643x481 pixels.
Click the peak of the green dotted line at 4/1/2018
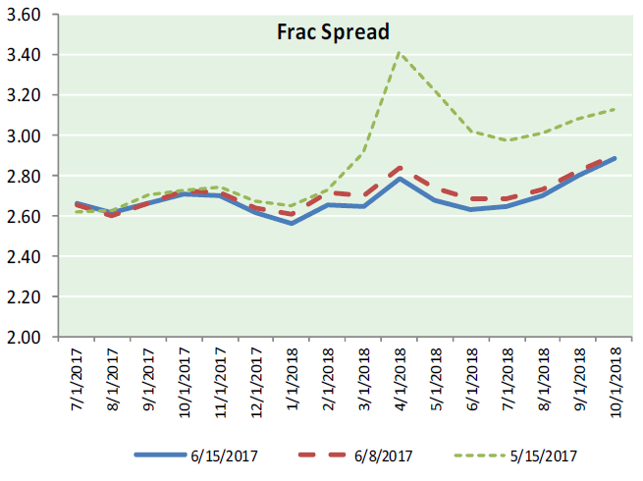pos(400,51)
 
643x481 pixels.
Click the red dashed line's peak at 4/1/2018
pos(400,168)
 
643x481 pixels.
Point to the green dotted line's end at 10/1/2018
pos(615,109)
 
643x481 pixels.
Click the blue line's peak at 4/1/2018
pos(400,178)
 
